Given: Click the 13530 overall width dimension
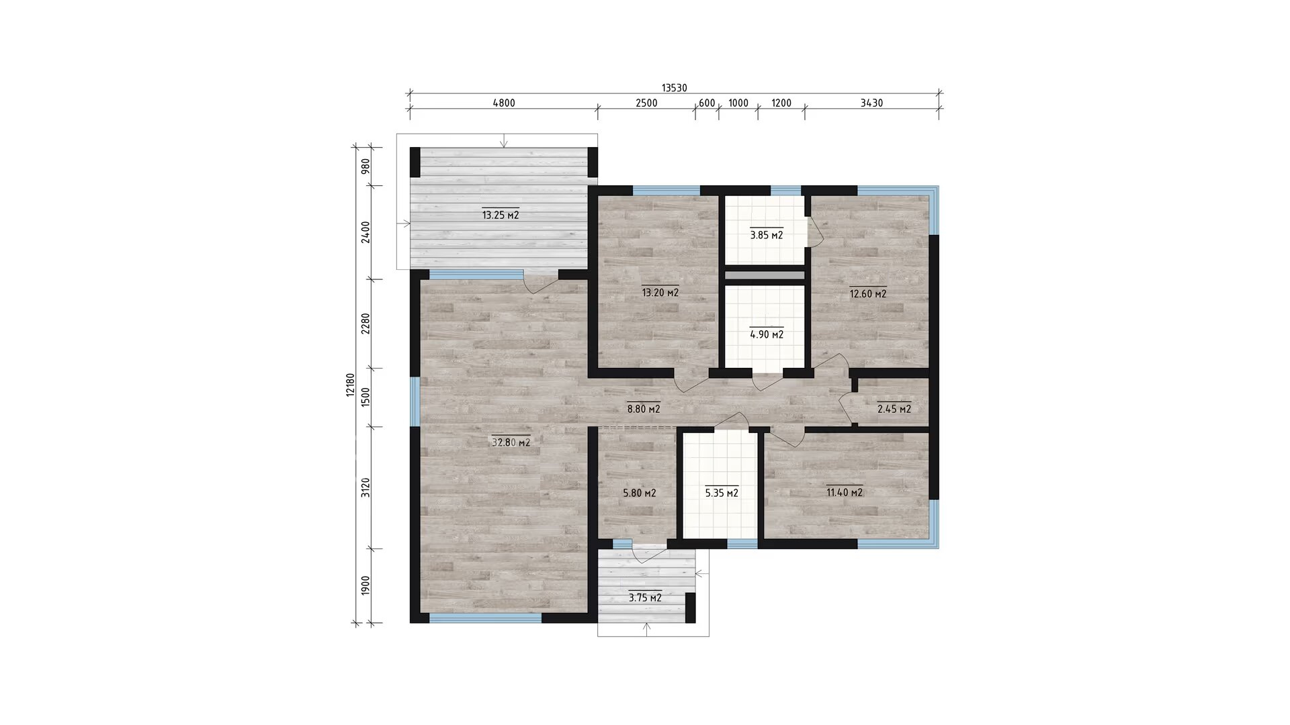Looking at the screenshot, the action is point(674,88).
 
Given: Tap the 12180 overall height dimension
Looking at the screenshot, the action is point(350,385).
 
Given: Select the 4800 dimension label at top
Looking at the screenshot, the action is point(504,103).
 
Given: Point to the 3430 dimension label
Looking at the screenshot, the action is point(871,103).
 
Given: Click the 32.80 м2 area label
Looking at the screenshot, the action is point(511,442).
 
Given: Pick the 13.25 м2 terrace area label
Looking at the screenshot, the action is point(501,215).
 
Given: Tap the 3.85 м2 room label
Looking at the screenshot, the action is point(767,235).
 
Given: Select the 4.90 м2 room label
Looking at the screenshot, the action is point(767,334).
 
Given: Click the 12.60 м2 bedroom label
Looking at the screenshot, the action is point(868,293).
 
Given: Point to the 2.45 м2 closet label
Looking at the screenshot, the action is point(894,409).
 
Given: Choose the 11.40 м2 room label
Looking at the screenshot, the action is point(845,492).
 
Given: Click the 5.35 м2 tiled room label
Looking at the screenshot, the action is point(722,493).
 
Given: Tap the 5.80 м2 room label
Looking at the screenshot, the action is point(640,493).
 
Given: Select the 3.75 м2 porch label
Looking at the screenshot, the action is point(645,597).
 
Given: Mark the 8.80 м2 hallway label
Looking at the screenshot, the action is point(644,408).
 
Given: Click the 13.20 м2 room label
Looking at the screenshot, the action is point(660,292).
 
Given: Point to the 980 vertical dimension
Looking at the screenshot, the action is point(365,166).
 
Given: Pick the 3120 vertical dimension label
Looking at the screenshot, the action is point(365,487).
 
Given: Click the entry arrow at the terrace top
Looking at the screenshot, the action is point(505,140).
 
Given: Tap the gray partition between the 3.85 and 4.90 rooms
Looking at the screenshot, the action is point(765,275).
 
